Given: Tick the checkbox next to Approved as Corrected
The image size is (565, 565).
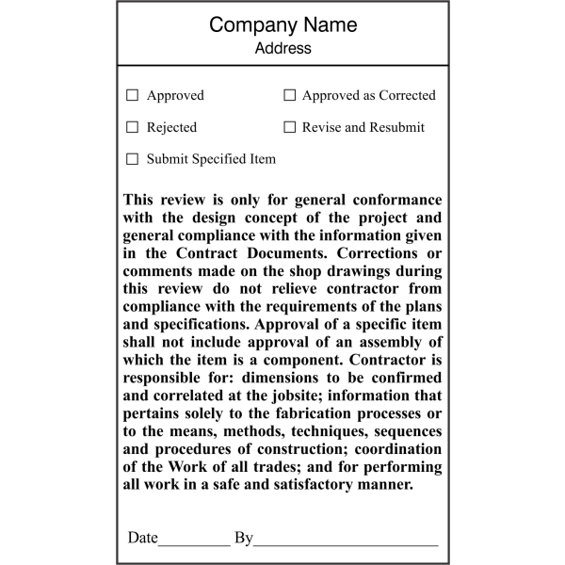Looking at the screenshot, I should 290,95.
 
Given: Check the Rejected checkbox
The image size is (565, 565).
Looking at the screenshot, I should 133,127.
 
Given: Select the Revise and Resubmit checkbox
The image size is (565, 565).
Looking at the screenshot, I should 290,127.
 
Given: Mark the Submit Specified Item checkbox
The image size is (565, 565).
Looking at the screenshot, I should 133,159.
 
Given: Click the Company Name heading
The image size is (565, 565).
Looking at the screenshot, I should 282,24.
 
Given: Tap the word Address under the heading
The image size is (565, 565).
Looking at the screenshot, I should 282,48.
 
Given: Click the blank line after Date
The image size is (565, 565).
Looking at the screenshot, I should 194,540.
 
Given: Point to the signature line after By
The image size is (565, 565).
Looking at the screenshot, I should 346,540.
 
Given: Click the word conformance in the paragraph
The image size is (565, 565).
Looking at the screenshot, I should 395,201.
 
